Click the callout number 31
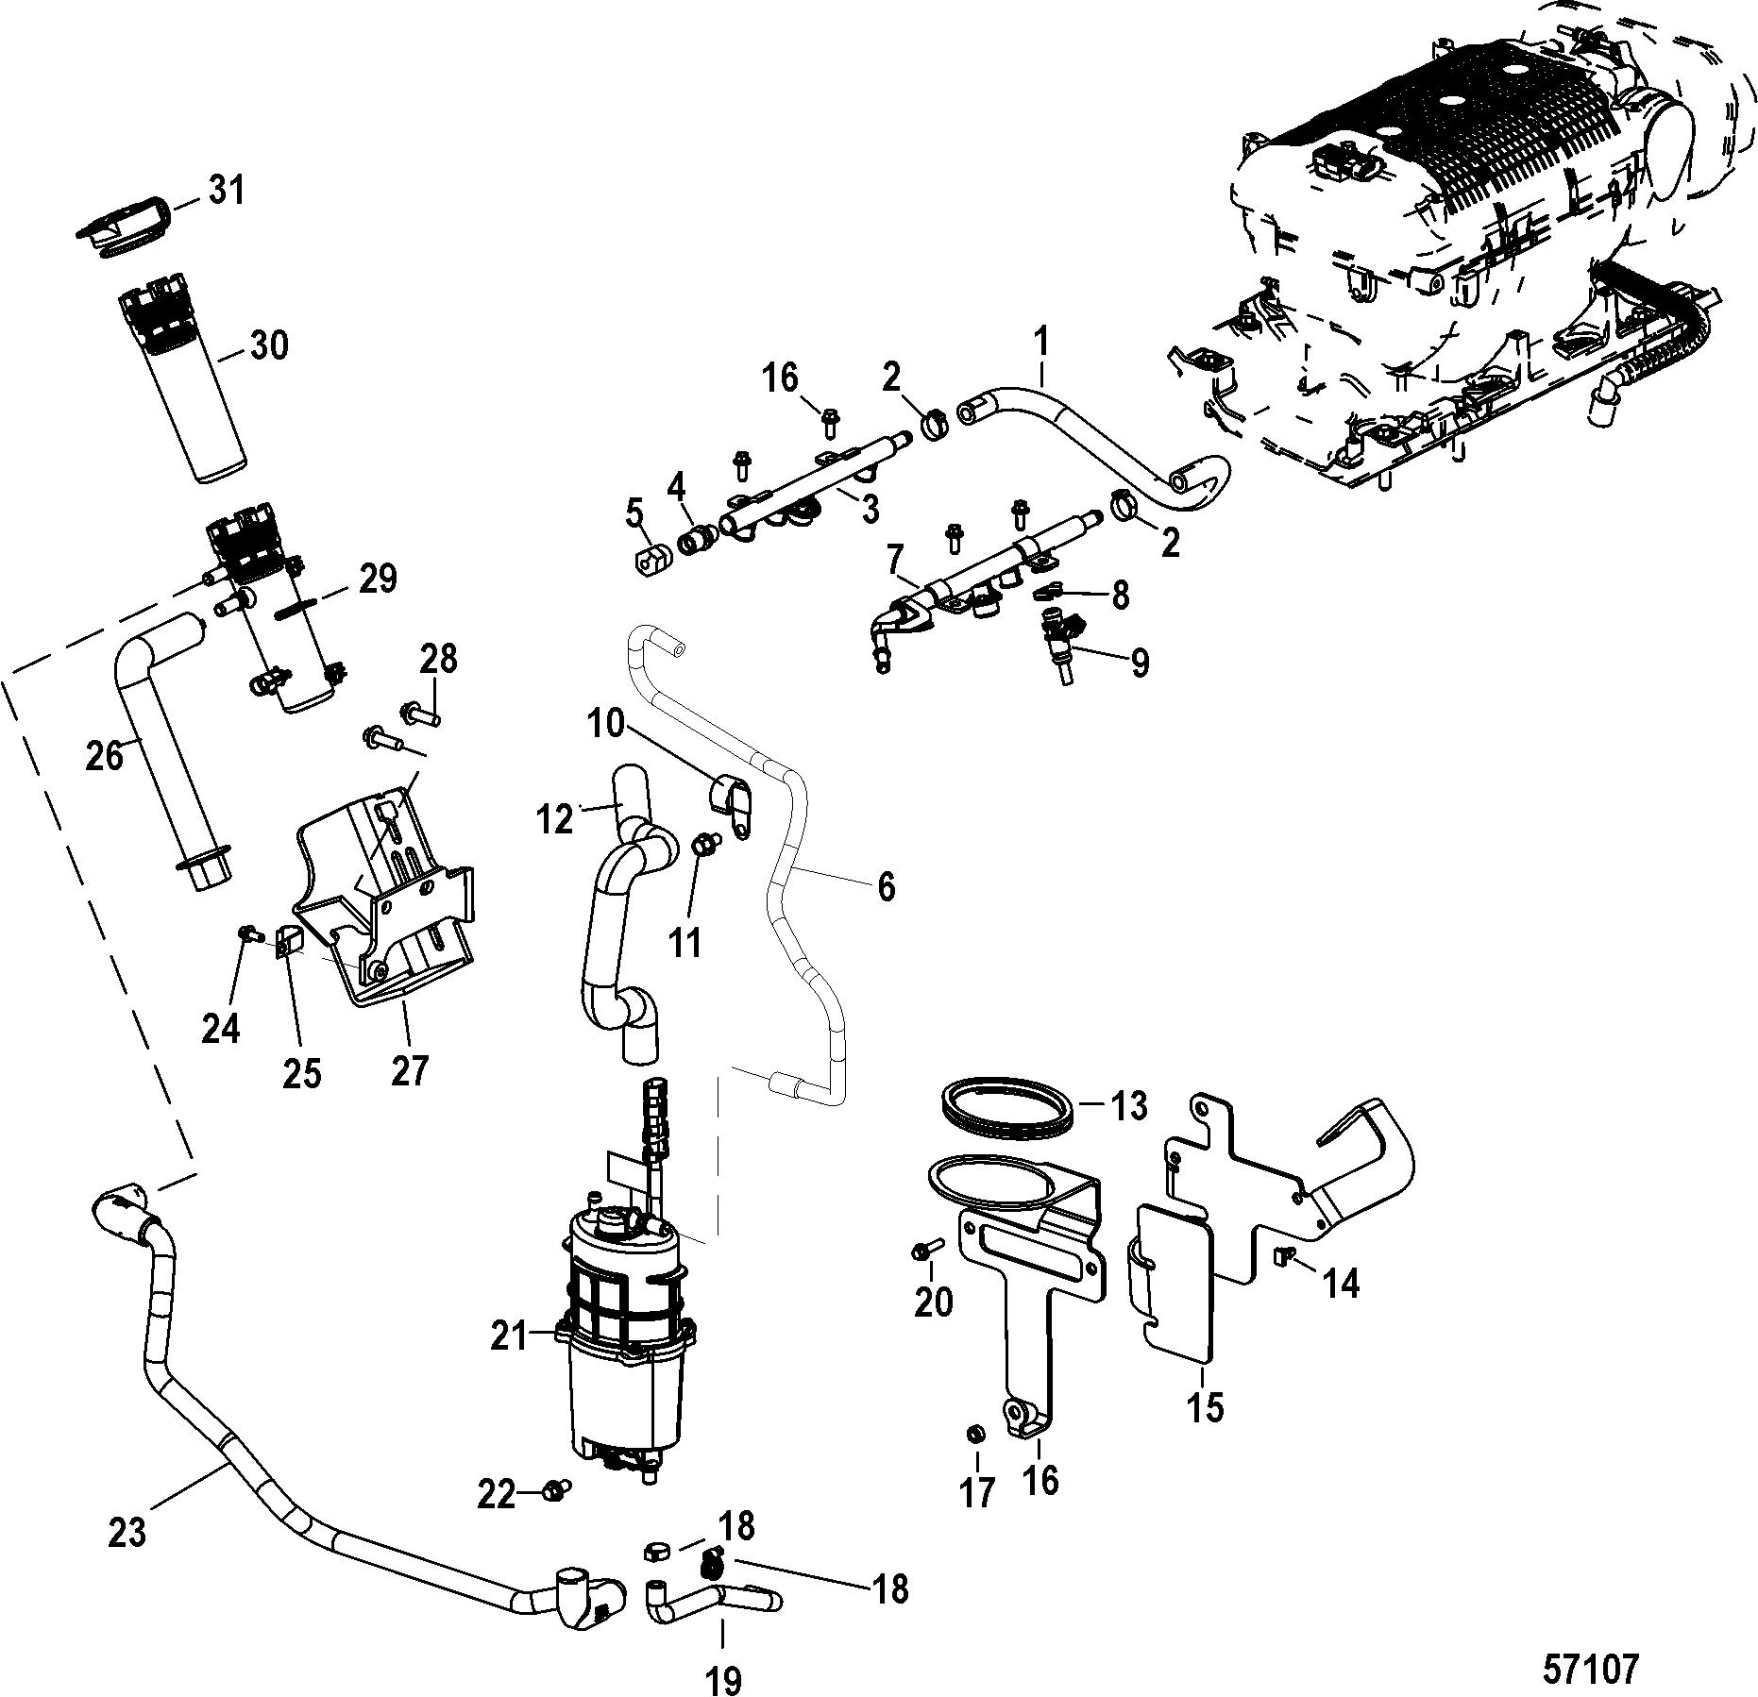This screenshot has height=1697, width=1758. click(226, 191)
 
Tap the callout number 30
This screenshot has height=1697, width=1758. click(268, 345)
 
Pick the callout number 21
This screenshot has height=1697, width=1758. click(510, 1337)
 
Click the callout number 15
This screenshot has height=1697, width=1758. click(1207, 1433)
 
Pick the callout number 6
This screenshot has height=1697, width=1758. click(886, 887)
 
